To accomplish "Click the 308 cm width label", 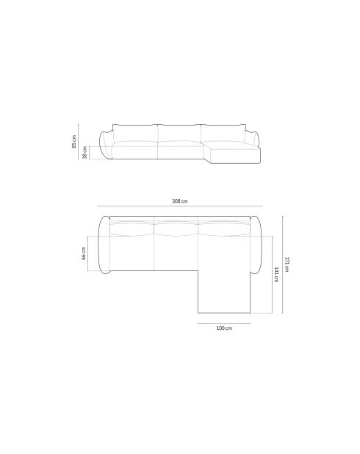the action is coord(180,201).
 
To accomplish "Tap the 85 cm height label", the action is coord(74,142).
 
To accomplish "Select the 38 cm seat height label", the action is coord(84,152).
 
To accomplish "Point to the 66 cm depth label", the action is coord(84,253).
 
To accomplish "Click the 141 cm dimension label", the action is coord(276,275).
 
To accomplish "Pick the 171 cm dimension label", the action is coord(287,264).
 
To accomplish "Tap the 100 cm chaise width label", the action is coord(224,328).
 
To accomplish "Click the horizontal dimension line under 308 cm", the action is coord(180,206).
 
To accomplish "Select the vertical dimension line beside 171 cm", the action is coord(282,264).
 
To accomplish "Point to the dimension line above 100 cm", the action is coord(224,323).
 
